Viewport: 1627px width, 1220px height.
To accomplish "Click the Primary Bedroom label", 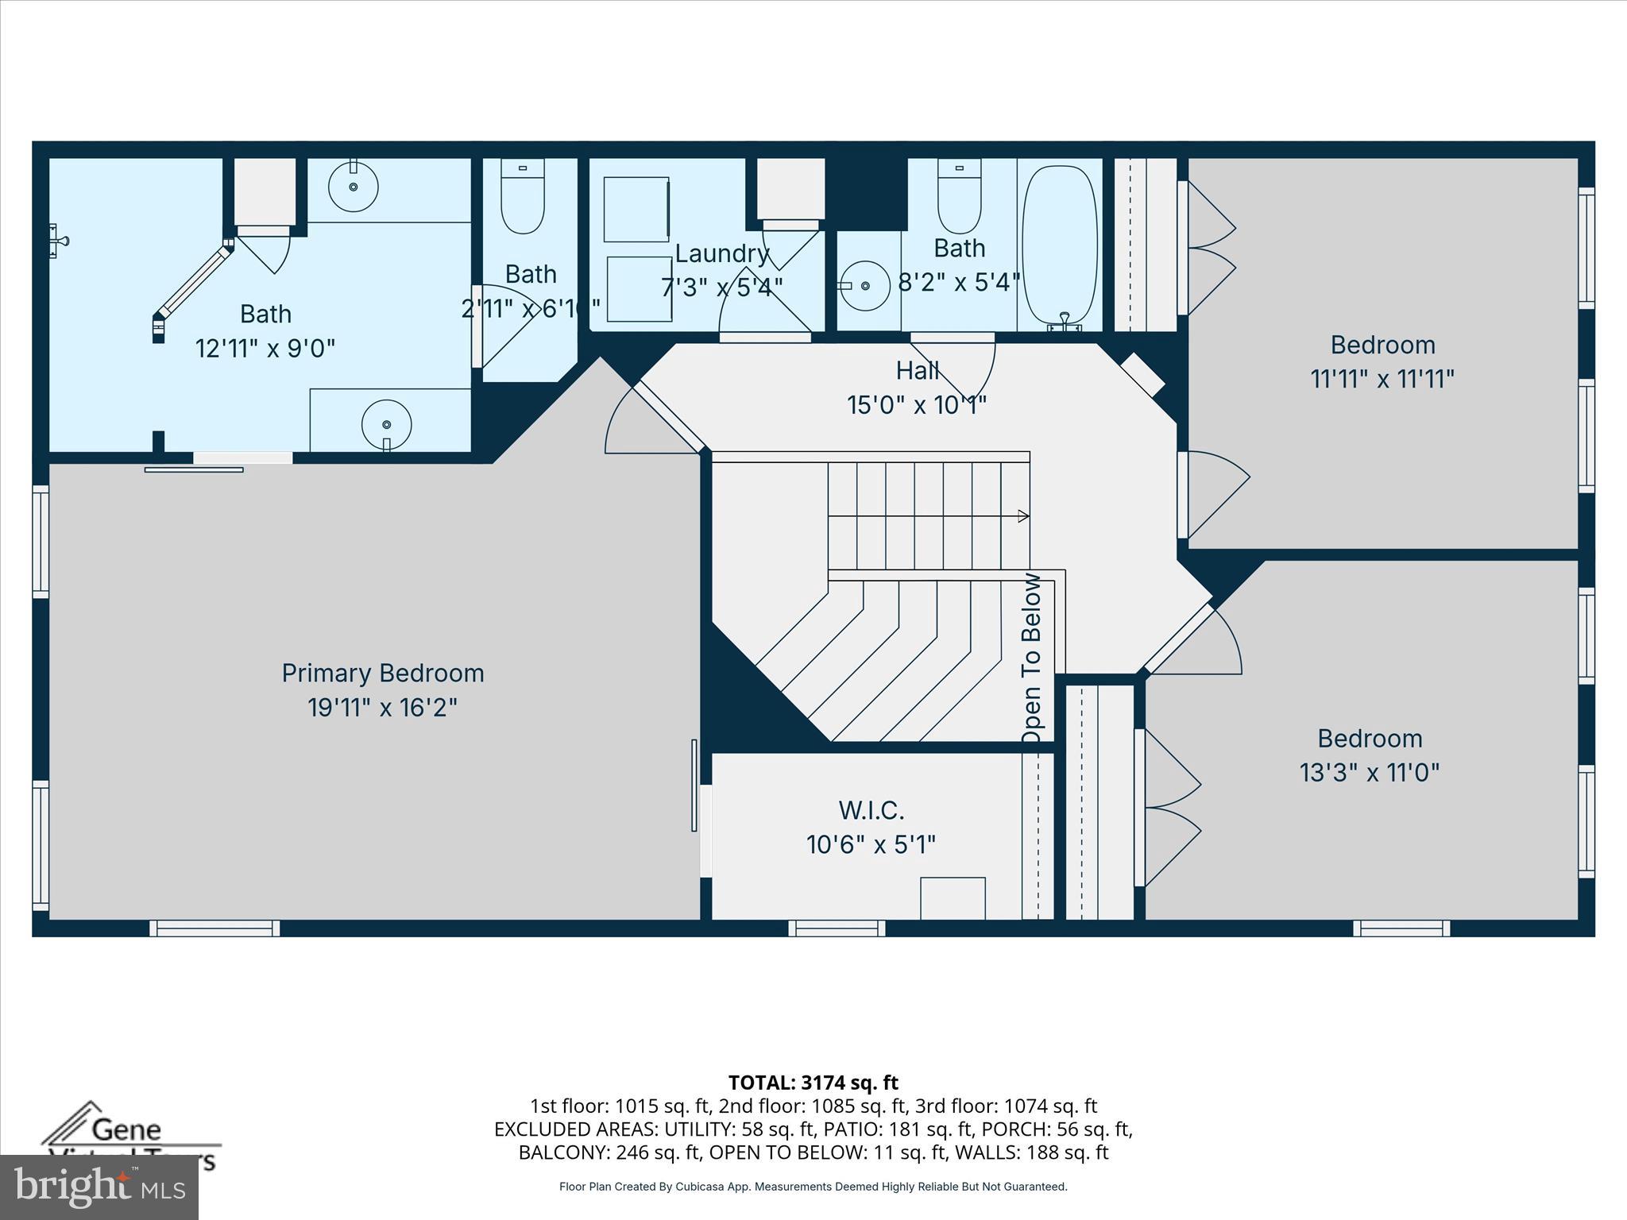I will click(x=382, y=673).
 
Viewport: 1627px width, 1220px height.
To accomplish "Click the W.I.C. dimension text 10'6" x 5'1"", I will click(x=871, y=844).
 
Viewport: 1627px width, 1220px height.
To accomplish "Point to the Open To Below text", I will click(x=1031, y=659).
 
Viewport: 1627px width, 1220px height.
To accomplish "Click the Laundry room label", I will click(x=721, y=253).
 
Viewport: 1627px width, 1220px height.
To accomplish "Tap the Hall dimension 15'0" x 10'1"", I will click(x=916, y=405).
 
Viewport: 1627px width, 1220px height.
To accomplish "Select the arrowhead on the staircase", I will click(x=1023, y=516).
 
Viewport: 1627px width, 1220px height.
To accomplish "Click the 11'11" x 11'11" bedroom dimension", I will click(x=1382, y=379).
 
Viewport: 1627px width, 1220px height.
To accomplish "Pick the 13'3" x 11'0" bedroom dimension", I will click(x=1369, y=772).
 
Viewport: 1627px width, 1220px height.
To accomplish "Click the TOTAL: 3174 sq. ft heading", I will click(x=813, y=1083).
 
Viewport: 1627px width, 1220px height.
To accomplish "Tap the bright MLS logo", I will click(x=99, y=1187).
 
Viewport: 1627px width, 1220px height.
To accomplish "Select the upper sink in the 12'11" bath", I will click(x=354, y=187).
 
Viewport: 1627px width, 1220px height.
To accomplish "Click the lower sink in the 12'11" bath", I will click(x=386, y=424).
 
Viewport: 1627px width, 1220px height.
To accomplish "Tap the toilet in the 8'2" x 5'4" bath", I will click(x=959, y=196).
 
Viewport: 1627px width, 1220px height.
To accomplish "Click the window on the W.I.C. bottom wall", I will click(x=837, y=928).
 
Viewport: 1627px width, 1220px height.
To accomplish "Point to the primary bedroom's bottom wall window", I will click(x=214, y=928).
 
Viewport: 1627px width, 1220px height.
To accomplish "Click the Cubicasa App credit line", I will click(x=813, y=1187).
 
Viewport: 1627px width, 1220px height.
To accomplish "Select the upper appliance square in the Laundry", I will click(x=636, y=209).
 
